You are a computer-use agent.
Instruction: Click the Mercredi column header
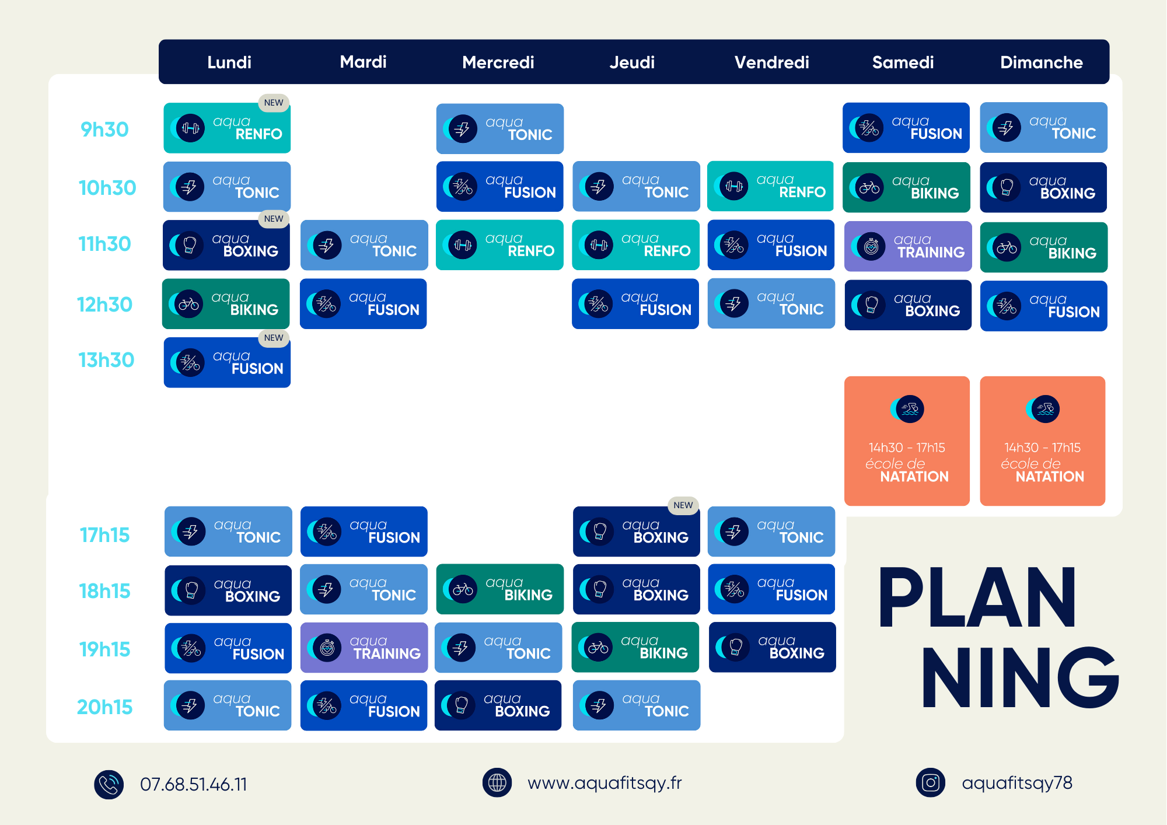tap(498, 62)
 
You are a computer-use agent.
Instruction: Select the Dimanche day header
tap(1042, 62)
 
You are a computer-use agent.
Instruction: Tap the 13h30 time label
tap(106, 360)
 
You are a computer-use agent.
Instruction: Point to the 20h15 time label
tap(105, 707)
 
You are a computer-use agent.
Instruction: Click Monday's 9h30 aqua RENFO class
tap(227, 128)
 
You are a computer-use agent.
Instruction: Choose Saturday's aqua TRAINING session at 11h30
tap(908, 246)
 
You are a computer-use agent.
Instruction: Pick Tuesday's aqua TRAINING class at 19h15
tap(364, 648)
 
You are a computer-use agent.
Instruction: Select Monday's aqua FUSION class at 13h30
tap(227, 362)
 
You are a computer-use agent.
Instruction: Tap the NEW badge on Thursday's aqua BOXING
tap(683, 505)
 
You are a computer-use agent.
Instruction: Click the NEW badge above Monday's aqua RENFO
tap(274, 103)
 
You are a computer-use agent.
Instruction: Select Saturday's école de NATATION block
tap(907, 441)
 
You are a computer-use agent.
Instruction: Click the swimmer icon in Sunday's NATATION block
tap(1043, 409)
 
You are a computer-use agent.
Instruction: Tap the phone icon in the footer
tap(109, 785)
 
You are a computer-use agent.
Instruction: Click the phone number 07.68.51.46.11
tap(194, 785)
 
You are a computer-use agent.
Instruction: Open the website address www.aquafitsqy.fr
tap(605, 783)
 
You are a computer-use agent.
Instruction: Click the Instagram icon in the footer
tap(931, 783)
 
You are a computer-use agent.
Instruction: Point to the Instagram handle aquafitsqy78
tap(1017, 783)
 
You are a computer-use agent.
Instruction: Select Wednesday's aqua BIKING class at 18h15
tap(500, 589)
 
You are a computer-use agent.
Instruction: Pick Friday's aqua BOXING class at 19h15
tap(772, 647)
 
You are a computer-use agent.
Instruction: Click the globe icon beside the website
tap(497, 783)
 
